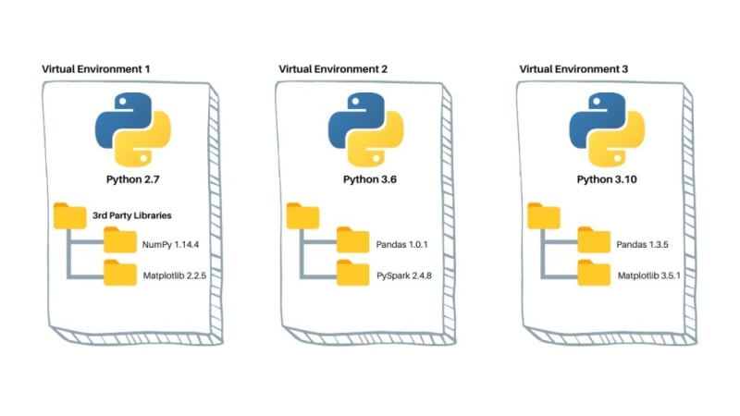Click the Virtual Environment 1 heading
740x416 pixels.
[x=96, y=69]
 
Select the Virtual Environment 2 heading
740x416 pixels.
[x=333, y=69]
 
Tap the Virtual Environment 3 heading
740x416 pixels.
[x=573, y=69]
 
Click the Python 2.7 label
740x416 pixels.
[x=132, y=179]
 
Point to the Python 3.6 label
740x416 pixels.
[x=369, y=179]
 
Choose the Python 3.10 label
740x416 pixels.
[x=607, y=179]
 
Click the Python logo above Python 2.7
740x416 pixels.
[x=132, y=129]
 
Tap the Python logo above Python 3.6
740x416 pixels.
[x=365, y=129]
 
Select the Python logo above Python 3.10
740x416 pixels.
[x=607, y=129]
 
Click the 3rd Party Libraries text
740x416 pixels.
[x=131, y=215]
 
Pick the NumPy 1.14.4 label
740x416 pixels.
[x=170, y=244]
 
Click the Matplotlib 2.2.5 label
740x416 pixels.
[x=175, y=275]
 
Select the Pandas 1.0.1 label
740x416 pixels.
[x=401, y=244]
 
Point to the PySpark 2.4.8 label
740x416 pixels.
[x=404, y=275]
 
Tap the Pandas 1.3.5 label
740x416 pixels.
[x=642, y=244]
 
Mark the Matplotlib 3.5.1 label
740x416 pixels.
[x=649, y=275]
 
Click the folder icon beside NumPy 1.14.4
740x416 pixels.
[x=120, y=240]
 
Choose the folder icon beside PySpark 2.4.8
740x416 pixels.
[x=352, y=273]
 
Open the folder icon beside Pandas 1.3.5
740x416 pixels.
[x=594, y=240]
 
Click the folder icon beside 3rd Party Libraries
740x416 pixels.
[x=70, y=216]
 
